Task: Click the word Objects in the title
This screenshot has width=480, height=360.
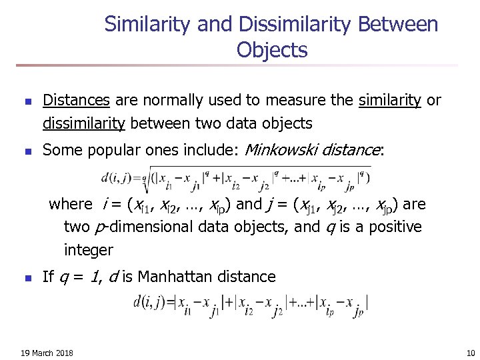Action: (271, 50)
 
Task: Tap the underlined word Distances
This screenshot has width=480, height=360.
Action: (76, 101)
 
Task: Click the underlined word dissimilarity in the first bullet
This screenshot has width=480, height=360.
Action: (84, 123)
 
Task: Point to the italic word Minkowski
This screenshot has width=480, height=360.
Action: (281, 150)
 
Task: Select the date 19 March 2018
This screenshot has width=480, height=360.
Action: (47, 353)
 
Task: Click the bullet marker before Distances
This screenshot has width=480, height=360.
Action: (27, 102)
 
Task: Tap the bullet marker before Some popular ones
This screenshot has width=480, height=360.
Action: (27, 151)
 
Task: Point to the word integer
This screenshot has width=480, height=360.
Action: (89, 251)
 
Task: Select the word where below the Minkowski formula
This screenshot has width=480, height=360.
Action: (71, 204)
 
